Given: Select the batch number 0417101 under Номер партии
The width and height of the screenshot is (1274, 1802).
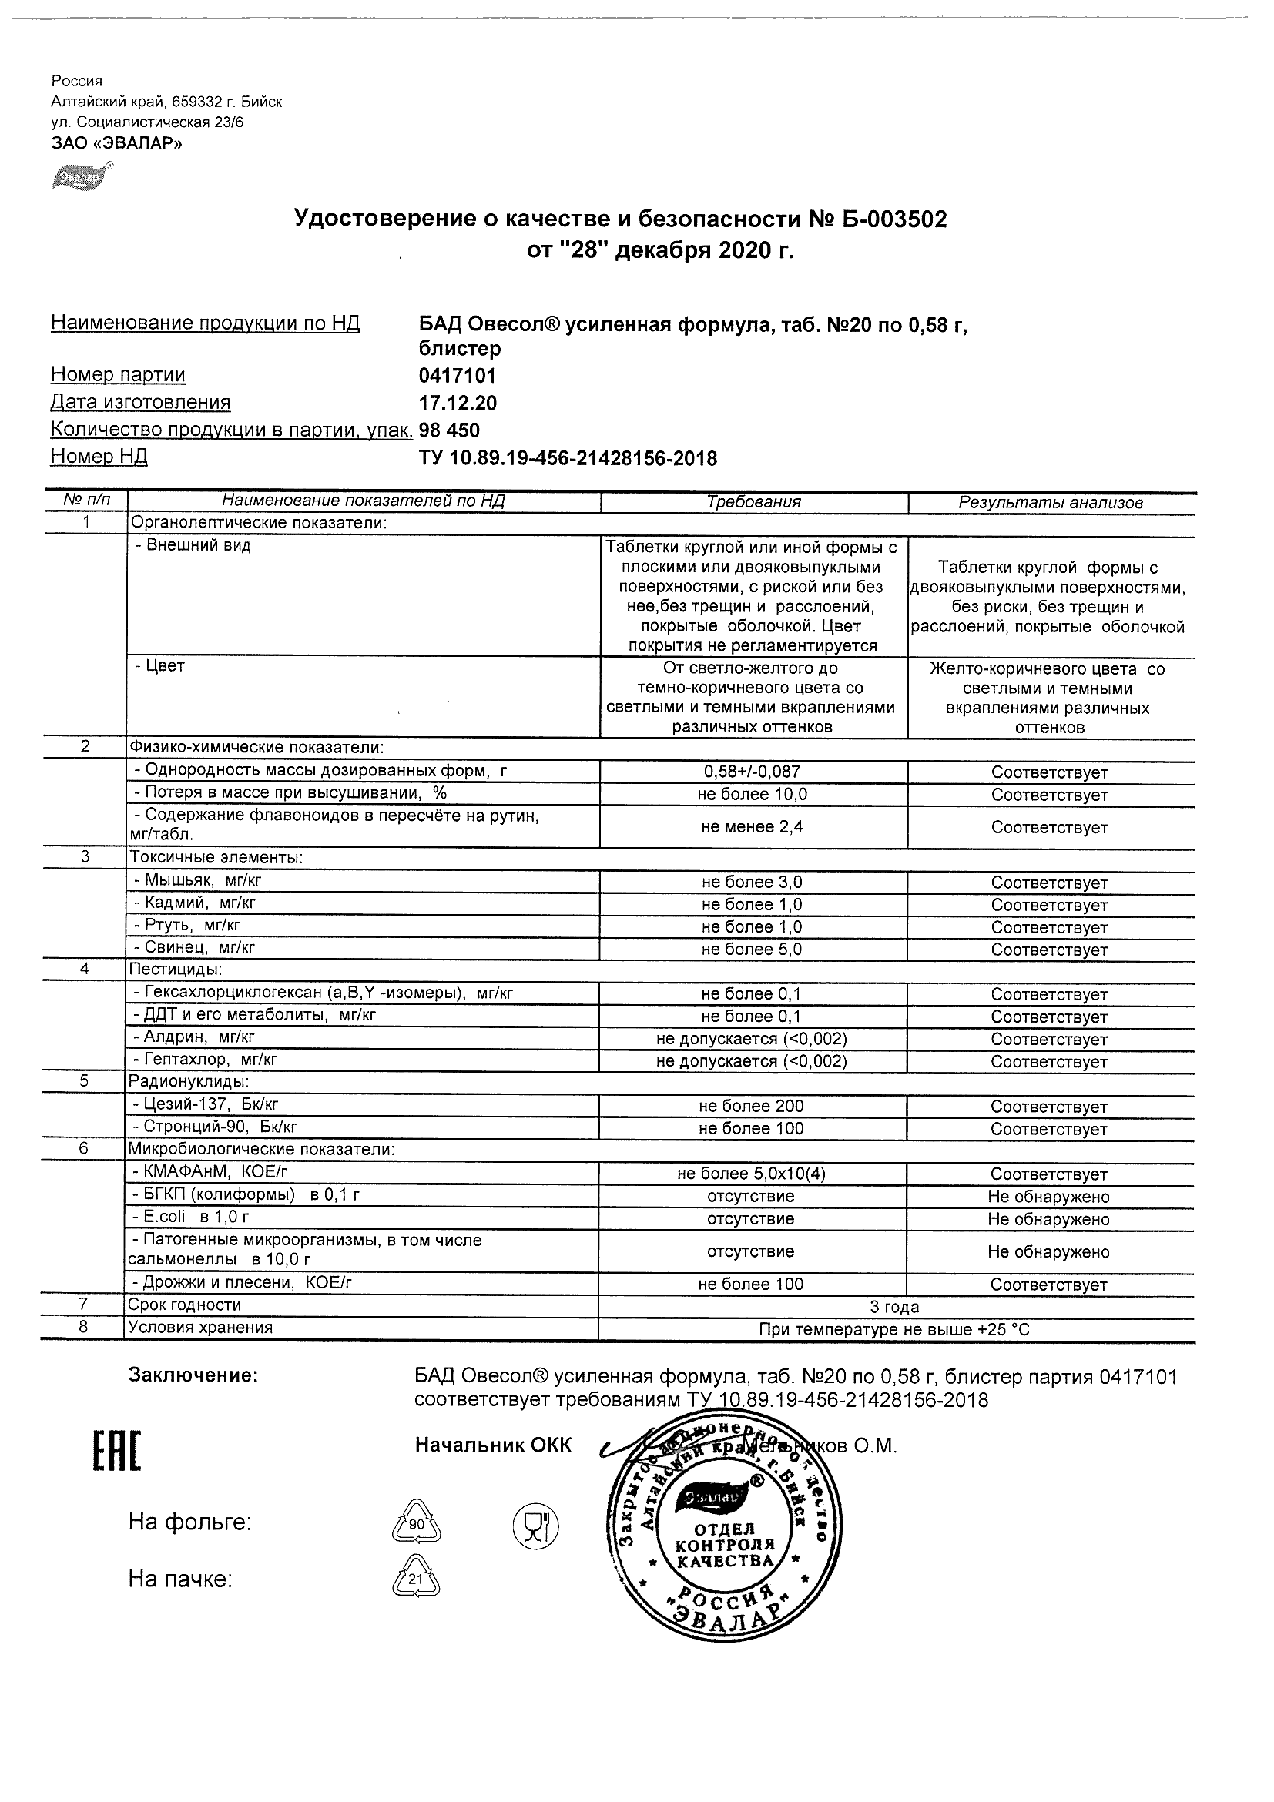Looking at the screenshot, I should (x=458, y=376).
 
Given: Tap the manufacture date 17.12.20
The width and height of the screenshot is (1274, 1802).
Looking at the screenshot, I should (x=458, y=404).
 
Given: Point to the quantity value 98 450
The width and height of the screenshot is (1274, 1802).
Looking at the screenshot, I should (x=449, y=430).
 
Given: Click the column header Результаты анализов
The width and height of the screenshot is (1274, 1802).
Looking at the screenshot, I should (x=1051, y=503).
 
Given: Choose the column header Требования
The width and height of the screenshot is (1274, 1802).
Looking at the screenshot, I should (x=753, y=502).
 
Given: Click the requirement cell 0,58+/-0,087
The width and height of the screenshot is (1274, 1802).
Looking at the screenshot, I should (x=753, y=772).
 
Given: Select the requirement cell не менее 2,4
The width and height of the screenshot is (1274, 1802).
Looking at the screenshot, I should (x=753, y=827).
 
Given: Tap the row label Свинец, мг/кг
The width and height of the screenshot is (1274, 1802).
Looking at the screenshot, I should (x=199, y=948).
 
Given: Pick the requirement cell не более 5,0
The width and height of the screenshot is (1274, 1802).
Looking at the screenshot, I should (x=753, y=950).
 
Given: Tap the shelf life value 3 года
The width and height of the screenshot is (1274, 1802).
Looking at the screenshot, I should (x=895, y=1308).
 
